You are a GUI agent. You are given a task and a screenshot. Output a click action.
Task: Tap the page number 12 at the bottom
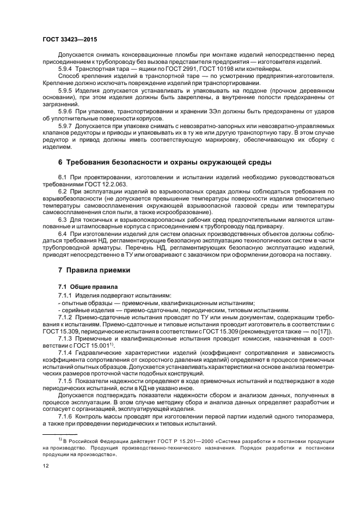45,466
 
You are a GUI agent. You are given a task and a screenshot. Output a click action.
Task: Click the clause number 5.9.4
66,68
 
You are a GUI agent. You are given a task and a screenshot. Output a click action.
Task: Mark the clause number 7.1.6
66,415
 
